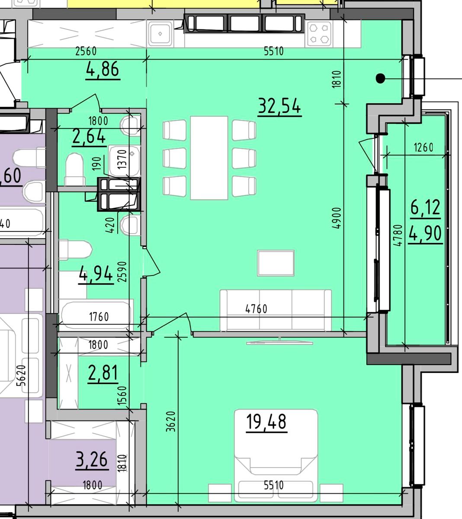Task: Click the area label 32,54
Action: click(279, 106)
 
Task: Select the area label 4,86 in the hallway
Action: click(103, 69)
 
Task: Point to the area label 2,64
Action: click(89, 136)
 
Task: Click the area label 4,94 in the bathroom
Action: click(96, 274)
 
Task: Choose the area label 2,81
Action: click(103, 373)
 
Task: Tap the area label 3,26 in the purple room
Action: click(92, 459)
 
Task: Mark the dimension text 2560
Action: click(86, 51)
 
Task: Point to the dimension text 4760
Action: click(256, 309)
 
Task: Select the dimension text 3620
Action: click(171, 421)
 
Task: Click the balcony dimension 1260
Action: click(423, 147)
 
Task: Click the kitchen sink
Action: click(160, 33)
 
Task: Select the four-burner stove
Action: click(319, 34)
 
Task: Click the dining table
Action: click(209, 158)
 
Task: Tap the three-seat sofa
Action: click(276, 310)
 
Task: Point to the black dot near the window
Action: click(381, 78)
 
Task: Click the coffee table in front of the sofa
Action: click(276, 263)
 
